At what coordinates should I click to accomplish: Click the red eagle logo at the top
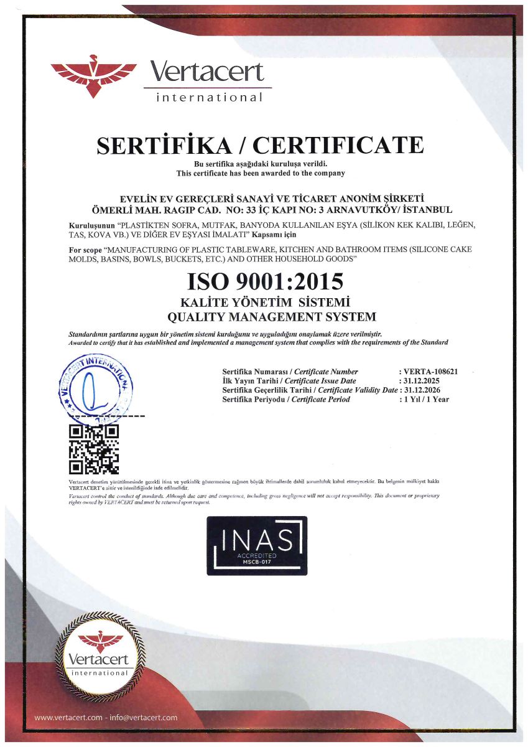[x=93, y=75]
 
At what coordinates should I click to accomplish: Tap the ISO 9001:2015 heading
[x=265, y=281]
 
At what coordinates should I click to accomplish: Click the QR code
[x=93, y=448]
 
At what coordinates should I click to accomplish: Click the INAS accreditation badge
[x=257, y=545]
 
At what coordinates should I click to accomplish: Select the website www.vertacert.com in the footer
[x=68, y=718]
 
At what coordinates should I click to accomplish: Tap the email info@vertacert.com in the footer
[x=143, y=718]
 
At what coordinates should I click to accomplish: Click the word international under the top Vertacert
[x=210, y=97]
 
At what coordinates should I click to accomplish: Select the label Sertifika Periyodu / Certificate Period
[x=286, y=399]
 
